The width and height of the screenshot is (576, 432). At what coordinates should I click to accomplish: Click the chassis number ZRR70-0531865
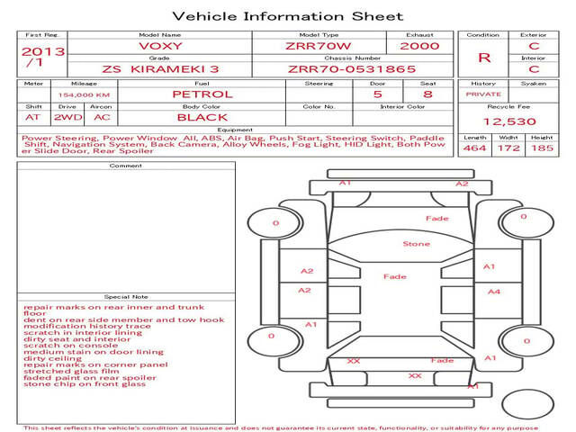coord(352,67)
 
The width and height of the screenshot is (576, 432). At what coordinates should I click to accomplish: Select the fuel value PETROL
coord(202,94)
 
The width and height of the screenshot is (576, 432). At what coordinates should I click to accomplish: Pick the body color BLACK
coord(202,117)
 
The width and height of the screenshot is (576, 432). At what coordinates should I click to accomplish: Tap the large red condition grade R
coord(484,57)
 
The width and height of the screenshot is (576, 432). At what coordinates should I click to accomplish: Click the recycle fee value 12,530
coord(509,121)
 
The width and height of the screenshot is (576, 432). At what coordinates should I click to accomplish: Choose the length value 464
coord(474,148)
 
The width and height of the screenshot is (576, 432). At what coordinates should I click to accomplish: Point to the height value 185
coord(542,148)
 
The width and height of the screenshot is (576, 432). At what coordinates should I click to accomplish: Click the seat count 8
coord(427,94)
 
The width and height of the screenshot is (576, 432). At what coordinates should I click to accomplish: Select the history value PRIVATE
coord(482,94)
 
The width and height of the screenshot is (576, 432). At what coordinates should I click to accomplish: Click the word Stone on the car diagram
coord(416,244)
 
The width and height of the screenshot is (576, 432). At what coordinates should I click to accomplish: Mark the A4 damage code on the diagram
coord(493,292)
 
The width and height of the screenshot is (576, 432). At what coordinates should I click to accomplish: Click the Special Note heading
coord(125,296)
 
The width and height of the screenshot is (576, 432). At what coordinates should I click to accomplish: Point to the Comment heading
coord(125,166)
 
